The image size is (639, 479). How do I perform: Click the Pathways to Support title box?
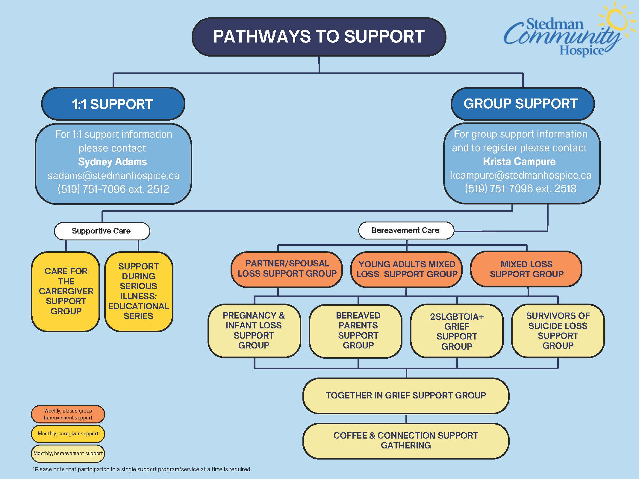click(319, 37)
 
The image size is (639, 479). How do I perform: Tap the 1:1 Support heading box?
click(113, 104)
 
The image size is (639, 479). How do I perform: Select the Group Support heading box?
click(522, 104)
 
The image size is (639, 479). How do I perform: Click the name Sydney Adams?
click(113, 162)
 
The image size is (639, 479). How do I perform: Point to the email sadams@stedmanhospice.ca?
click(113, 175)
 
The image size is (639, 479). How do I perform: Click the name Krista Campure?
click(519, 162)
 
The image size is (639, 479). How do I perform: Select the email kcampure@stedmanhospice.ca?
click(521, 175)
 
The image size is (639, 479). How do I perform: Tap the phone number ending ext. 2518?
click(521, 189)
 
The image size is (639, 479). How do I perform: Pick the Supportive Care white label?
click(102, 231)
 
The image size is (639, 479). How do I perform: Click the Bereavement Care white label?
click(406, 230)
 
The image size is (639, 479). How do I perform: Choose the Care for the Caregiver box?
click(66, 291)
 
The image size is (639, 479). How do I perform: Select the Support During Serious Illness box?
click(139, 291)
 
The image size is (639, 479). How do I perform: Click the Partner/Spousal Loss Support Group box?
click(287, 269)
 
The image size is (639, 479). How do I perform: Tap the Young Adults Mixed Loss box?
click(407, 269)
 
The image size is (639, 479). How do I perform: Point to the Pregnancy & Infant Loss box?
click(254, 331)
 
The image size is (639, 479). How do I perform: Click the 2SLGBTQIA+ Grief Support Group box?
click(457, 331)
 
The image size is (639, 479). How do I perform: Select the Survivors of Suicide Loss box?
click(558, 331)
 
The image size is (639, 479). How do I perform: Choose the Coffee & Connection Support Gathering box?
click(406, 440)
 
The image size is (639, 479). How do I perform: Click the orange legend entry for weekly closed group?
click(68, 414)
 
